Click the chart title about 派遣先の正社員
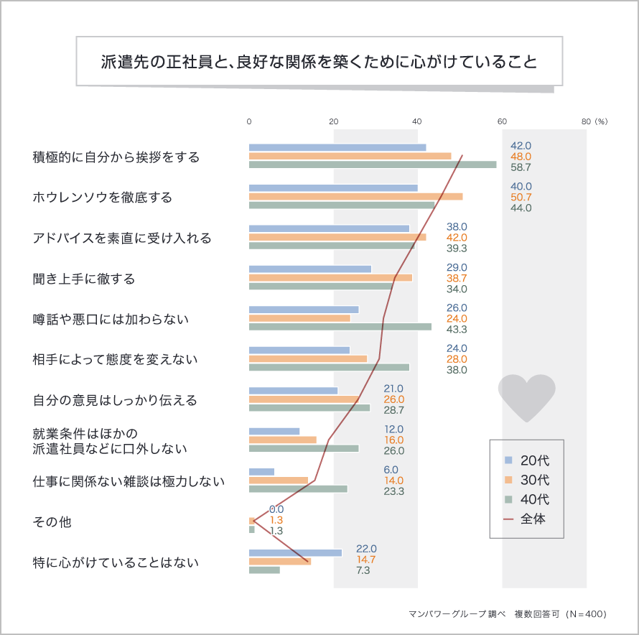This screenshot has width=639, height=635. pos(319,62)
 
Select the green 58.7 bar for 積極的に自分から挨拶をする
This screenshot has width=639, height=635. pos(373,164)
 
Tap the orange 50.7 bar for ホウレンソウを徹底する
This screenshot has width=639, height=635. pos(355,196)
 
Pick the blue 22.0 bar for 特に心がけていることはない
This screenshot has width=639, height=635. pos(295,552)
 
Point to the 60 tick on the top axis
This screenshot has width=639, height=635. pos(502,121)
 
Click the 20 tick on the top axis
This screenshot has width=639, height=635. pos(333,121)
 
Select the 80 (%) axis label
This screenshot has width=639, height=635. pos(594,121)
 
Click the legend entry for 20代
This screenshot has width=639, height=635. pos(528,460)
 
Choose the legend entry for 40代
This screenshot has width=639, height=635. pos(528,499)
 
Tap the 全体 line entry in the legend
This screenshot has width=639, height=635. pos(528,519)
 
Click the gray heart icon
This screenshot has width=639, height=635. pos(526,397)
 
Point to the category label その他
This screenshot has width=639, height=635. pos(52,522)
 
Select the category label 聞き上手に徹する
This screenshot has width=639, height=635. pos(84,278)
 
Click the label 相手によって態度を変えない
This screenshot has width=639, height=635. pos(115,359)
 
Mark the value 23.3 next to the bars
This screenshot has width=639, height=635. pos(394,491)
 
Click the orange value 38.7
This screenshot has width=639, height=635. pos(457,278)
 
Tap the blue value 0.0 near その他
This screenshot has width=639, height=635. pos(276,509)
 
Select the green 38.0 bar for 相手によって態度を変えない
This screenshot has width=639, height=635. pos(329,367)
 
